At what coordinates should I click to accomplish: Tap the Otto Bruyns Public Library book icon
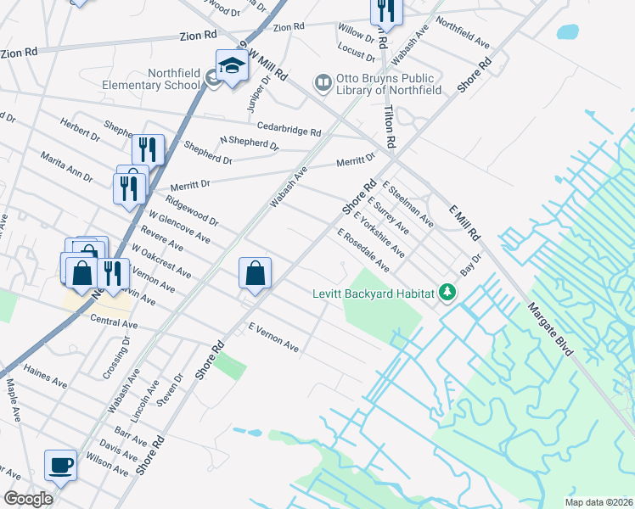(x=323, y=83)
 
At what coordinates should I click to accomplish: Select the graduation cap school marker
(x=231, y=64)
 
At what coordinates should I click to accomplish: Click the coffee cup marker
(x=60, y=465)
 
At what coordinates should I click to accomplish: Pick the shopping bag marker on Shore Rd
(x=255, y=273)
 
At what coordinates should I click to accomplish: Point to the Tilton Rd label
(x=389, y=120)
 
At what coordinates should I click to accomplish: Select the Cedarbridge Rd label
(x=289, y=129)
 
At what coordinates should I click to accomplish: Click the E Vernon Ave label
(x=273, y=338)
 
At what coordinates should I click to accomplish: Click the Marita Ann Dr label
(x=66, y=165)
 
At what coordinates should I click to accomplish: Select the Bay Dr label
(x=470, y=263)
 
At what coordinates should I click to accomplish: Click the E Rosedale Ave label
(x=363, y=250)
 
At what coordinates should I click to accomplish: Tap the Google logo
(x=29, y=498)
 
